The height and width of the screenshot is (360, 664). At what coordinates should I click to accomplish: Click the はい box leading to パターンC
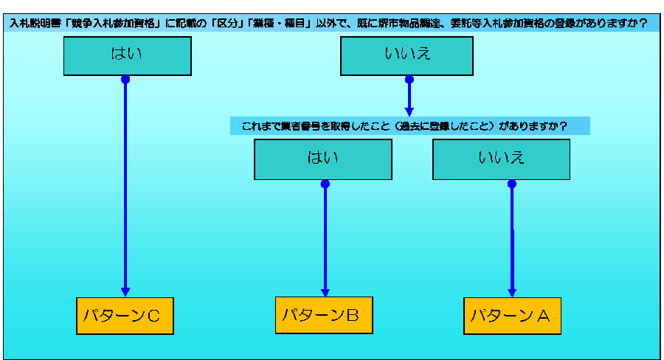coord(127,55)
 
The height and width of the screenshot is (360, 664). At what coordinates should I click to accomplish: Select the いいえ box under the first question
coord(407,55)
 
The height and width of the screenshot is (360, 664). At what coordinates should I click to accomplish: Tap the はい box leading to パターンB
coord(322,159)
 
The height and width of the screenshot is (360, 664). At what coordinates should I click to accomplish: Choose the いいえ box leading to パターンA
coord(501,159)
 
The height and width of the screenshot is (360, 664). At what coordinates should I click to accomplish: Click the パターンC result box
coord(125,316)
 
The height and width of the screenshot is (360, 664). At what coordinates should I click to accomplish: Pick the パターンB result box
coord(324,315)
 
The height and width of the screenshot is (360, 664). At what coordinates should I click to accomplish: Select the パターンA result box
coord(512,316)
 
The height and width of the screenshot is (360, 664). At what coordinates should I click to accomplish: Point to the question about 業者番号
coord(409,125)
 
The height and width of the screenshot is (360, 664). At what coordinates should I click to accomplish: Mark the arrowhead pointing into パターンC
coord(125,291)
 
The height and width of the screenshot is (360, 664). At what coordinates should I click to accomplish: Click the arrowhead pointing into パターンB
coord(325,291)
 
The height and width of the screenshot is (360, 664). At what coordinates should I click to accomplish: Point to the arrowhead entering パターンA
coord(512,291)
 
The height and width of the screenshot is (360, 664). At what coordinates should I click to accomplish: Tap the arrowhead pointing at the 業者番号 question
coord(409,110)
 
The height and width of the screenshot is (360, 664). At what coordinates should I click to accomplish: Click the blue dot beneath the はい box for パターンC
coord(125,79)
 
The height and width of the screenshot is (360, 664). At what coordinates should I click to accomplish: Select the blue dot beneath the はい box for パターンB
coord(325,184)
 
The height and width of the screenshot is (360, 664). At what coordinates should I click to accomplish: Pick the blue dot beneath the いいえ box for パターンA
coord(512,184)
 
